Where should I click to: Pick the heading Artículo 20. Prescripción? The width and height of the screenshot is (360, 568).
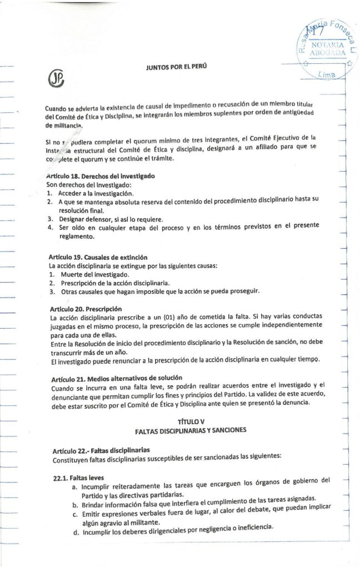86,309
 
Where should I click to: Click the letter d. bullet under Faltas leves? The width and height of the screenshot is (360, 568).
75,535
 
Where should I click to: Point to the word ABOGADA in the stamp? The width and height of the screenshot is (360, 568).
328,53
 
